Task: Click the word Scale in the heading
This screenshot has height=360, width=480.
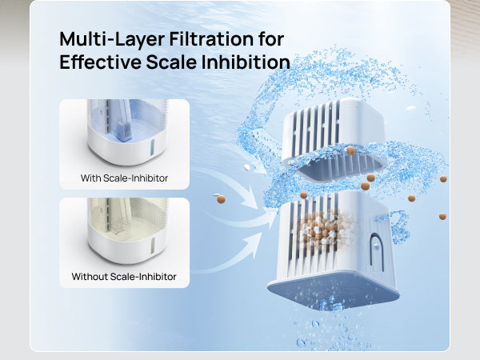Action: [x=178, y=62]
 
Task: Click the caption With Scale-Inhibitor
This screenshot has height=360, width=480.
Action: [x=124, y=178]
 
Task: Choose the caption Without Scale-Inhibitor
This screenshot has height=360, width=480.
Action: [x=124, y=277]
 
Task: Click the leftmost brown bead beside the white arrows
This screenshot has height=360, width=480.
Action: [x=221, y=198]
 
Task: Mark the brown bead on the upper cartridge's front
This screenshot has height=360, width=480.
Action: [x=350, y=150]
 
